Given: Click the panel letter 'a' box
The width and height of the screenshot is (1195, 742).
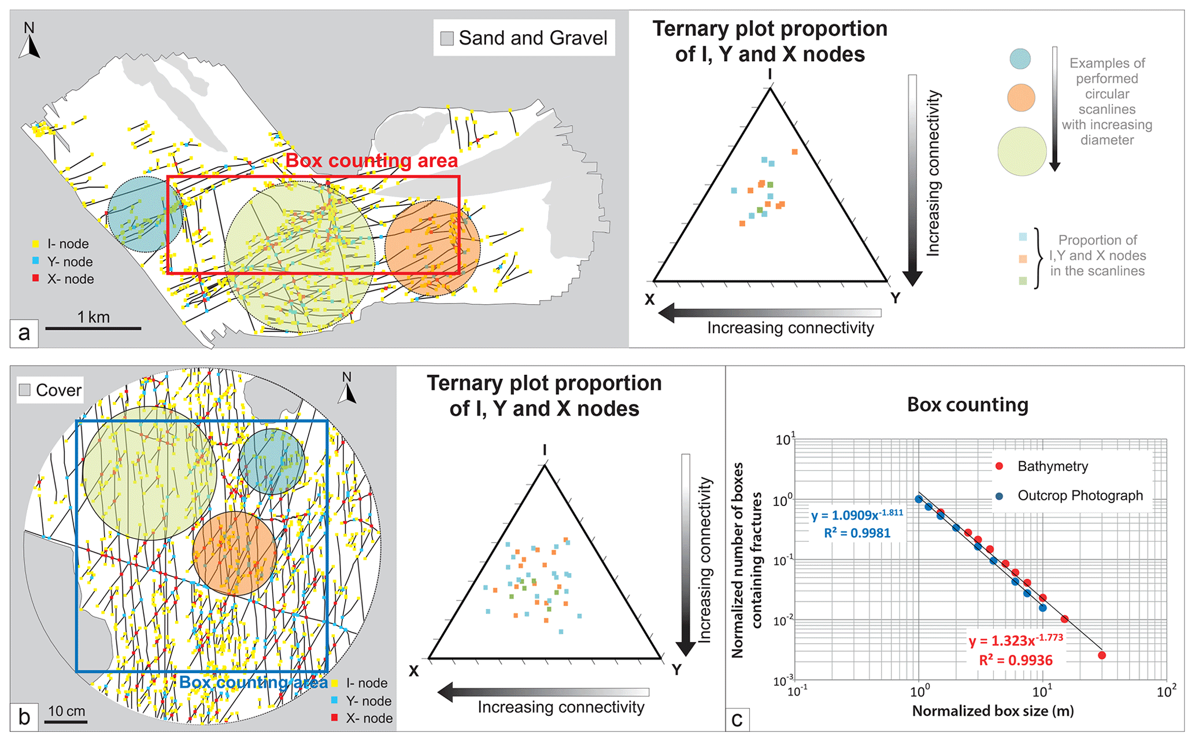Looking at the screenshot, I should click(24, 333).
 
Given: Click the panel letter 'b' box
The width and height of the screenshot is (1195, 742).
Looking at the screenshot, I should click(24, 717).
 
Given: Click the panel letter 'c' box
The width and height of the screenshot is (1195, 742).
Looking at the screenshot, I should click(737, 720).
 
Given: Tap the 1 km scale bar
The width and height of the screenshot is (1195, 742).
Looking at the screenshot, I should click(93, 328).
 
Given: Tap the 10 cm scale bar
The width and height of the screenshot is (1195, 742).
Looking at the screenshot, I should click(66, 721).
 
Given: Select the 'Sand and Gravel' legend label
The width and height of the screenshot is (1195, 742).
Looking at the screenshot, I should click(532, 38).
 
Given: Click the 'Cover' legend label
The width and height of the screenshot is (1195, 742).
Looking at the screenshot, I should click(58, 390).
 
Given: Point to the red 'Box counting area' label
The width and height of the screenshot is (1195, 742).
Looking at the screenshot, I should click(372, 161).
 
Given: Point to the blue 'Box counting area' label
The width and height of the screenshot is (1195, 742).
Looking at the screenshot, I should click(253, 682).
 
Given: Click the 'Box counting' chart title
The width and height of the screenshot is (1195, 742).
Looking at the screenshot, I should click(967, 405).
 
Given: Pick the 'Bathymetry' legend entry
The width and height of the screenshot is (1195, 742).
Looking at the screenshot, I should click(1052, 466).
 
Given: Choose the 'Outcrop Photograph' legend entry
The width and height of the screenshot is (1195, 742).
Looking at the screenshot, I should click(1080, 496).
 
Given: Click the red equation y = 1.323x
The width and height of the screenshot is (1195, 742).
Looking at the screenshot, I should click(1016, 641).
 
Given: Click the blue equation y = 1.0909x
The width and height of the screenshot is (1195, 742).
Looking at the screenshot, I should click(857, 515).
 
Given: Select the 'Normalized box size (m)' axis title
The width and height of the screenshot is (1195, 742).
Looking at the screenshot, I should click(993, 711).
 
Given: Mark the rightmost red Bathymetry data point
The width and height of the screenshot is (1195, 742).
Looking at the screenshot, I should click(1102, 655).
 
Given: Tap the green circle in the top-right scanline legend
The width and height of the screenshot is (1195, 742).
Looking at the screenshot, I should click(1022, 152).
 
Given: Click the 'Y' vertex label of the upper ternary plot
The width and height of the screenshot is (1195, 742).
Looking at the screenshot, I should click(895, 298).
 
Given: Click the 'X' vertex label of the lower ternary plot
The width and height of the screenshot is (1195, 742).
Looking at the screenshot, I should click(414, 671).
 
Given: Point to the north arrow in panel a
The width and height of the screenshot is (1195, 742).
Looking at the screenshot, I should click(29, 42).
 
